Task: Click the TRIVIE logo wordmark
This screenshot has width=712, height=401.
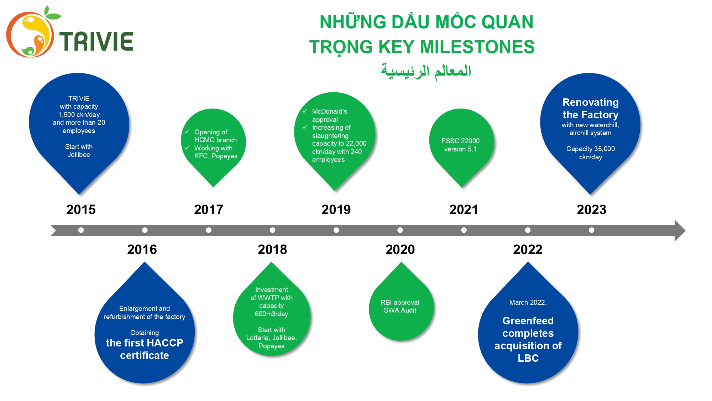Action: point(96,41)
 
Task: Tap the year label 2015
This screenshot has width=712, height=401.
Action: point(81,210)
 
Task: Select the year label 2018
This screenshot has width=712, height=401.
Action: point(272,250)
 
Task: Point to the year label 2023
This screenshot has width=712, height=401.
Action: point(591,210)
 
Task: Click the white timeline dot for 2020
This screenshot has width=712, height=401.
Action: point(400,230)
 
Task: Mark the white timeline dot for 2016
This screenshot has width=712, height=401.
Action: point(145,230)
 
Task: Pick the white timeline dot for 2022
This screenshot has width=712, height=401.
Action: point(528,230)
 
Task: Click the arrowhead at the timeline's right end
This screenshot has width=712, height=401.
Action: point(680,231)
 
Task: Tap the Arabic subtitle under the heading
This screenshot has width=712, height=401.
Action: point(426,71)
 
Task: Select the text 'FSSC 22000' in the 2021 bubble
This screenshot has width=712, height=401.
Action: point(460,141)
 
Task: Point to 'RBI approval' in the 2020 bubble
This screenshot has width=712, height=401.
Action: point(400,302)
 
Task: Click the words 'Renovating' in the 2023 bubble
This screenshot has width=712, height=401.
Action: point(591,102)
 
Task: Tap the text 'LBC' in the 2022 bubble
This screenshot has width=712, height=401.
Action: point(528,358)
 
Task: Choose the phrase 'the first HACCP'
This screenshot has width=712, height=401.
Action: point(145,343)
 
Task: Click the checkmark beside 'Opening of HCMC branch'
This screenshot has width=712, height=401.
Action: point(187,132)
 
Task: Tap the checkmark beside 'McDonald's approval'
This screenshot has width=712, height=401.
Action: point(305,111)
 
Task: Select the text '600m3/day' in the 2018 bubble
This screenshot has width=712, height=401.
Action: point(271,314)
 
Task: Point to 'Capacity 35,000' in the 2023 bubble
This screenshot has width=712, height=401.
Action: point(591,149)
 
